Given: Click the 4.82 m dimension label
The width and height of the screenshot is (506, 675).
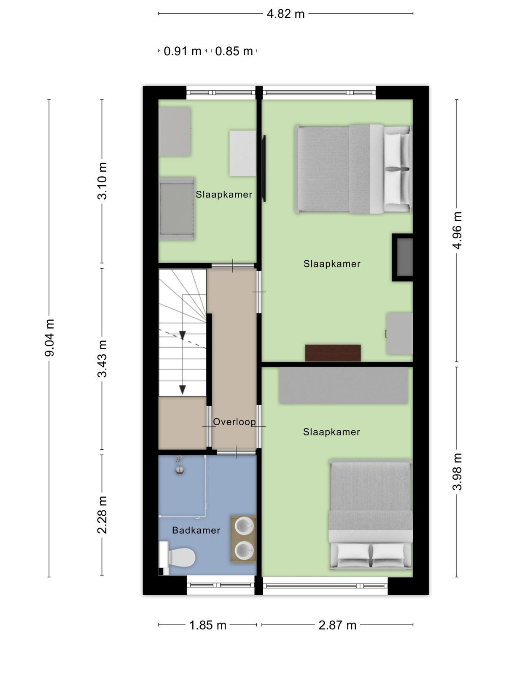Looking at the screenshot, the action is pyautogui.click(x=285, y=14).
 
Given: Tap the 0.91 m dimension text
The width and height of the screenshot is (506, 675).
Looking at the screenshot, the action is pyautogui.click(x=183, y=51).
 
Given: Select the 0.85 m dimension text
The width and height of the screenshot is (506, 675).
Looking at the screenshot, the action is pyautogui.click(x=234, y=51).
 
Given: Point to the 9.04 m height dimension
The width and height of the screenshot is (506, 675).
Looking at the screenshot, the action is pyautogui.click(x=49, y=338).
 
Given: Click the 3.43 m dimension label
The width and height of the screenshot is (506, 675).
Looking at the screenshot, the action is pyautogui.click(x=102, y=359).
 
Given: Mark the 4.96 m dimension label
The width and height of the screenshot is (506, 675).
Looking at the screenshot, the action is pyautogui.click(x=457, y=230).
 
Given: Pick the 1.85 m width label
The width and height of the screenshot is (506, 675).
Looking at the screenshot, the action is pyautogui.click(x=208, y=625).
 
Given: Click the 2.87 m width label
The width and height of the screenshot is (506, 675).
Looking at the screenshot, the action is pyautogui.click(x=337, y=625).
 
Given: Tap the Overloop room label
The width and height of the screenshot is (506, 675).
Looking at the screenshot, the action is pyautogui.click(x=234, y=422).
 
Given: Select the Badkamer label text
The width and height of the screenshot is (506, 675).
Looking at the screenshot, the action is pyautogui.click(x=196, y=530).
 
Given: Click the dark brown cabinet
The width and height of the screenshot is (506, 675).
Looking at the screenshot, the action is pyautogui.click(x=333, y=353).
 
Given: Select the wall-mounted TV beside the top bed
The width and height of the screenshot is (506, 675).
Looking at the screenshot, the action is pyautogui.click(x=264, y=168).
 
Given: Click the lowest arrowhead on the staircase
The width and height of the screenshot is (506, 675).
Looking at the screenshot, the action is pyautogui.click(x=183, y=390).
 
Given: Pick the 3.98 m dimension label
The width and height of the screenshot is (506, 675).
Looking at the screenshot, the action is pyautogui.click(x=457, y=472).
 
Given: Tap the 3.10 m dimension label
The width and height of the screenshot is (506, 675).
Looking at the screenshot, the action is pyautogui.click(x=102, y=181).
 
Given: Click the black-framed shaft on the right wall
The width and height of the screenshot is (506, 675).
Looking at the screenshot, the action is pyautogui.click(x=402, y=258).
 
